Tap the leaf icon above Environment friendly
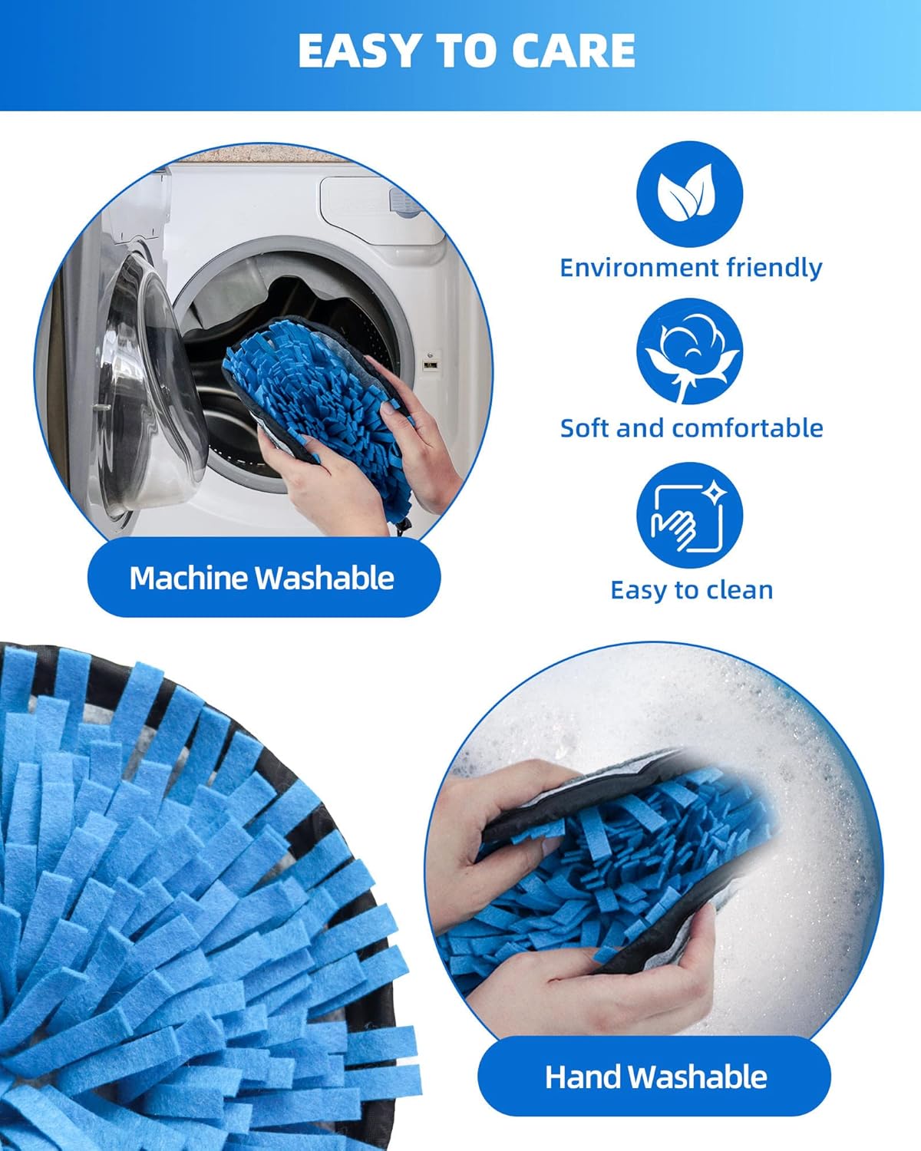pos(689,193)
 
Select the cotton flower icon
pos(689,351)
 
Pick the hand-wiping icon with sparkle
pos(689,515)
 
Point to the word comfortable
pos(748,428)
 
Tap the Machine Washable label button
pos(264,578)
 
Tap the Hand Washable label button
pos(654,1076)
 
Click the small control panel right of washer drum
pos(430,364)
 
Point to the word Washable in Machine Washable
pos(325,578)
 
